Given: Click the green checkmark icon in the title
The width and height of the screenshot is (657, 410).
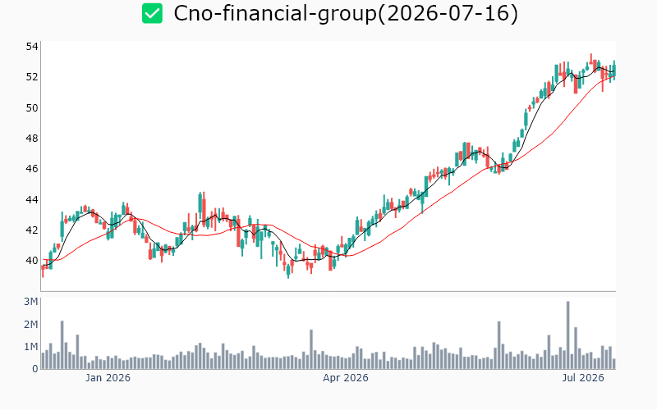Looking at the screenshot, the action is (x=152, y=13).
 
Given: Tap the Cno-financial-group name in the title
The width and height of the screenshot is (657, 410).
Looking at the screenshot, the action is (x=275, y=14).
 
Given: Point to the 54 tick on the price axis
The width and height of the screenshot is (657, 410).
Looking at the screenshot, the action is (x=32, y=47).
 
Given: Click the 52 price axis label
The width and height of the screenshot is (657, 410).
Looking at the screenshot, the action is (x=32, y=77).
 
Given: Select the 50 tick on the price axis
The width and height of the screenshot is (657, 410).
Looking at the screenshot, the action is (x=32, y=108).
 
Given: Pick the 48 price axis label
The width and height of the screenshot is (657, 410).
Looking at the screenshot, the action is (x=32, y=138).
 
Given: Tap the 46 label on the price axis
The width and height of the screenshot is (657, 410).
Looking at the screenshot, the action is (x=32, y=169).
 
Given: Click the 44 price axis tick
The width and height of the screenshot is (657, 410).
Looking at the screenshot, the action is (x=32, y=199).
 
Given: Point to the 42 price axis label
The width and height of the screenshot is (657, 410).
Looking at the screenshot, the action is (x=32, y=230).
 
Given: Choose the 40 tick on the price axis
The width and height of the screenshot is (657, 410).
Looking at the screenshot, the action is (x=32, y=261).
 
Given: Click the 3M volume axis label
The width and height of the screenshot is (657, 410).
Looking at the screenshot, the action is (x=31, y=302).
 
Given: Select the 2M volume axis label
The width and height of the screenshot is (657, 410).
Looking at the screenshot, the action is (x=31, y=324).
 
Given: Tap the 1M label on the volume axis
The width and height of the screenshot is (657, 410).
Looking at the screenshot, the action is (x=31, y=346).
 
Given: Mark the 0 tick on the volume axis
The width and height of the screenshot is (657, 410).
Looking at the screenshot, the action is (x=35, y=368).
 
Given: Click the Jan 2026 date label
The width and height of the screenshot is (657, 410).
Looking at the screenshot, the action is (x=108, y=378).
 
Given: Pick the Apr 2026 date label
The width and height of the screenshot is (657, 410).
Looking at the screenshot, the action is (x=346, y=378).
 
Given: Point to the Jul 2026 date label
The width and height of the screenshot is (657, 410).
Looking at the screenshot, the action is (x=583, y=378).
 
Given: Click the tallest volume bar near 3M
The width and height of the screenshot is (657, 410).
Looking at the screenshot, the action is (x=568, y=335).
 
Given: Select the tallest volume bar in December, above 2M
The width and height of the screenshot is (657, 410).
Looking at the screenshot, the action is (x=62, y=344).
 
